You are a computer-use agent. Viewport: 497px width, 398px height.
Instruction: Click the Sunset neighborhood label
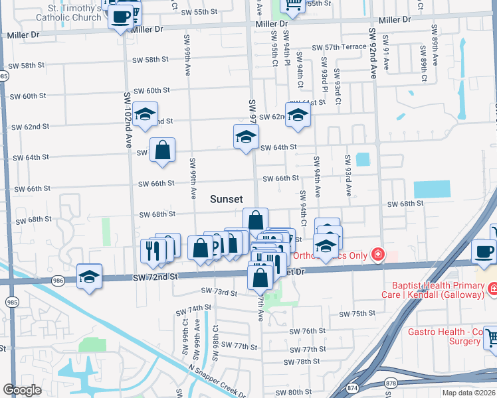(227, 199)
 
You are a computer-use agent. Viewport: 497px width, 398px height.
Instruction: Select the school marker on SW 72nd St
(90, 277)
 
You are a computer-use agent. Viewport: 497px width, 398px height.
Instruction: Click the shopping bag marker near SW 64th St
(162, 151)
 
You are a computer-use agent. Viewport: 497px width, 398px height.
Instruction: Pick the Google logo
(23, 390)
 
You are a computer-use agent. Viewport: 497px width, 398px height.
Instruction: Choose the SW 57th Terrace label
(339, 47)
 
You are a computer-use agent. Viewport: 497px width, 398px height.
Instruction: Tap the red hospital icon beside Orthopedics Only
(377, 254)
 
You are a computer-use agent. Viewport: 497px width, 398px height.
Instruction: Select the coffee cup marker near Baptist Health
(484, 252)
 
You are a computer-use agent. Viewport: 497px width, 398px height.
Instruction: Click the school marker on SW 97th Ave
(246, 137)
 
